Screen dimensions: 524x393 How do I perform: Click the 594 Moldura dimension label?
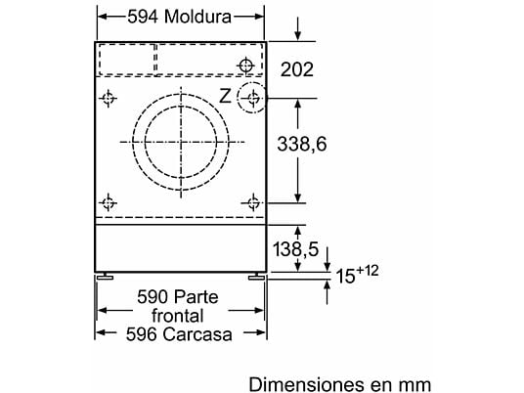[x=180, y=17]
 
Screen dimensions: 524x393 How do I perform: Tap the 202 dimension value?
[x=297, y=69]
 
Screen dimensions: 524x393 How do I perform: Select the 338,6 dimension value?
[x=302, y=145]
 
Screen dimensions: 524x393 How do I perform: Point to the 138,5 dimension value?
[x=296, y=249]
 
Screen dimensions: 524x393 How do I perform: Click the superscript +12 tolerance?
[x=368, y=271]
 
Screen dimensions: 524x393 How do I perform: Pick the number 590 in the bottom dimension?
[x=153, y=297]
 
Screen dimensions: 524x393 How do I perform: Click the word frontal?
[x=178, y=316]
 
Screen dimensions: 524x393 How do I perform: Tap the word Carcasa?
[x=197, y=334]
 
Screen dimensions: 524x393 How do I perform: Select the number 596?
[x=142, y=334]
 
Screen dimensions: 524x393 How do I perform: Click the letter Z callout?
[x=225, y=96]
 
